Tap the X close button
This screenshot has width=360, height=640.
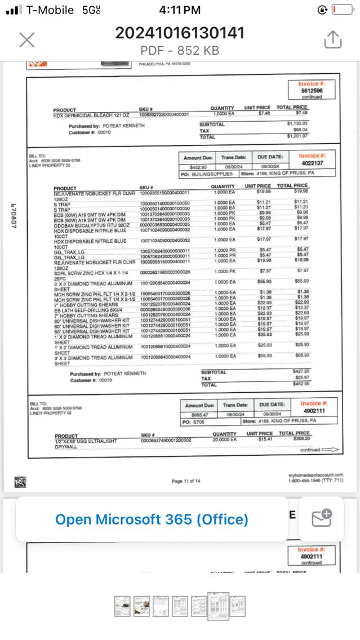pyautogui.click(x=26, y=39)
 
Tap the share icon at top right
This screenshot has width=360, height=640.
pyautogui.click(x=333, y=39)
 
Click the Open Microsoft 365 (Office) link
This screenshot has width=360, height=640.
pyautogui.click(x=152, y=519)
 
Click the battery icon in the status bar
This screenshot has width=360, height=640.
pyautogui.click(x=341, y=10)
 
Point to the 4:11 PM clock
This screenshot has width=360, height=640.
pyautogui.click(x=180, y=10)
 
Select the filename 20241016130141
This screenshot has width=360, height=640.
pyautogui.click(x=180, y=33)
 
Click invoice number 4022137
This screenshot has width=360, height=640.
pyautogui.click(x=311, y=163)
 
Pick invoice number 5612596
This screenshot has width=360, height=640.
pyautogui.click(x=312, y=90)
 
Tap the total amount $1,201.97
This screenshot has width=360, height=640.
pyautogui.click(x=297, y=136)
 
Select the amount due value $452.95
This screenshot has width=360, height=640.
pyautogui.click(x=198, y=167)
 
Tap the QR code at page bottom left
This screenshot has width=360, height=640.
pyautogui.click(x=20, y=482)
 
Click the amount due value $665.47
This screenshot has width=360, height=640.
pyautogui.click(x=200, y=415)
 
